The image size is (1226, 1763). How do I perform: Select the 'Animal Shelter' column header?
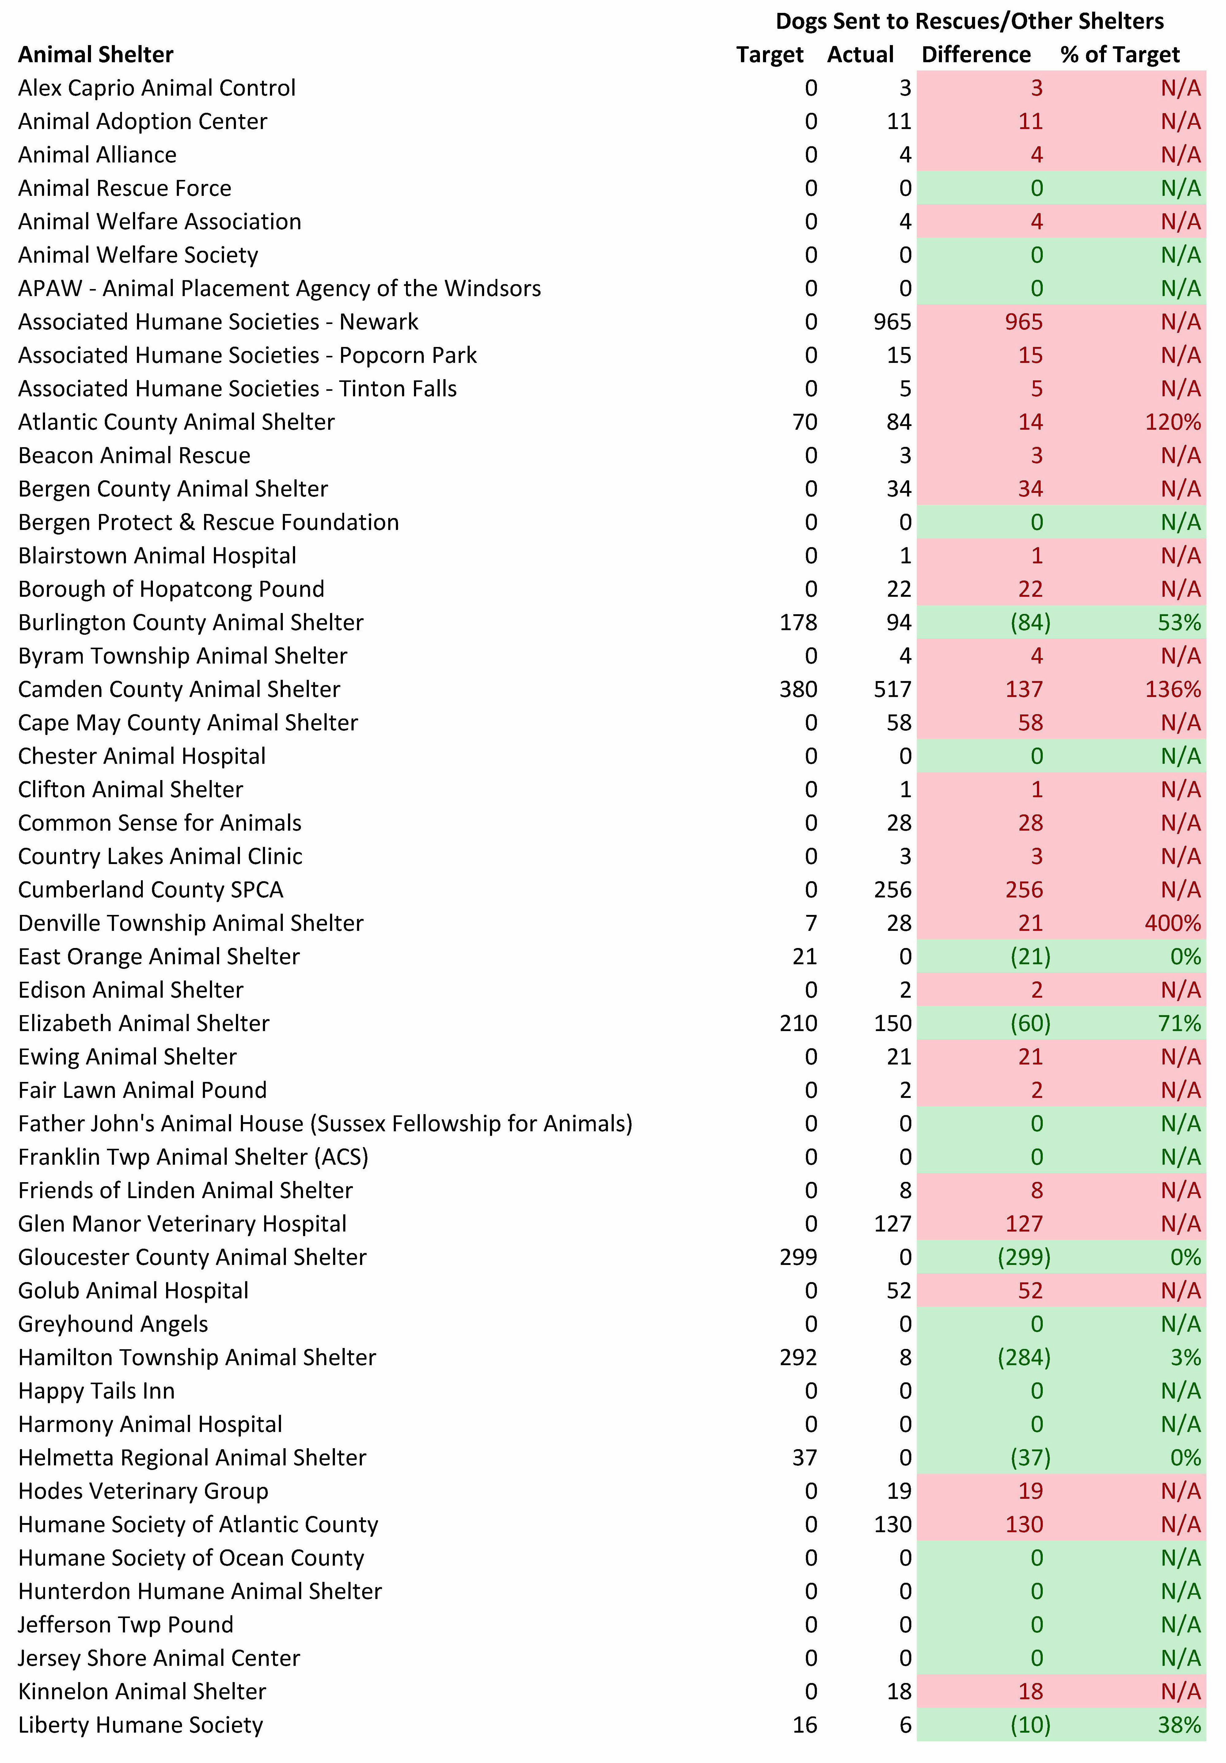96,55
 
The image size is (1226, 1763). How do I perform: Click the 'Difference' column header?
976,55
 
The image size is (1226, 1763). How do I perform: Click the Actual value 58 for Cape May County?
899,722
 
